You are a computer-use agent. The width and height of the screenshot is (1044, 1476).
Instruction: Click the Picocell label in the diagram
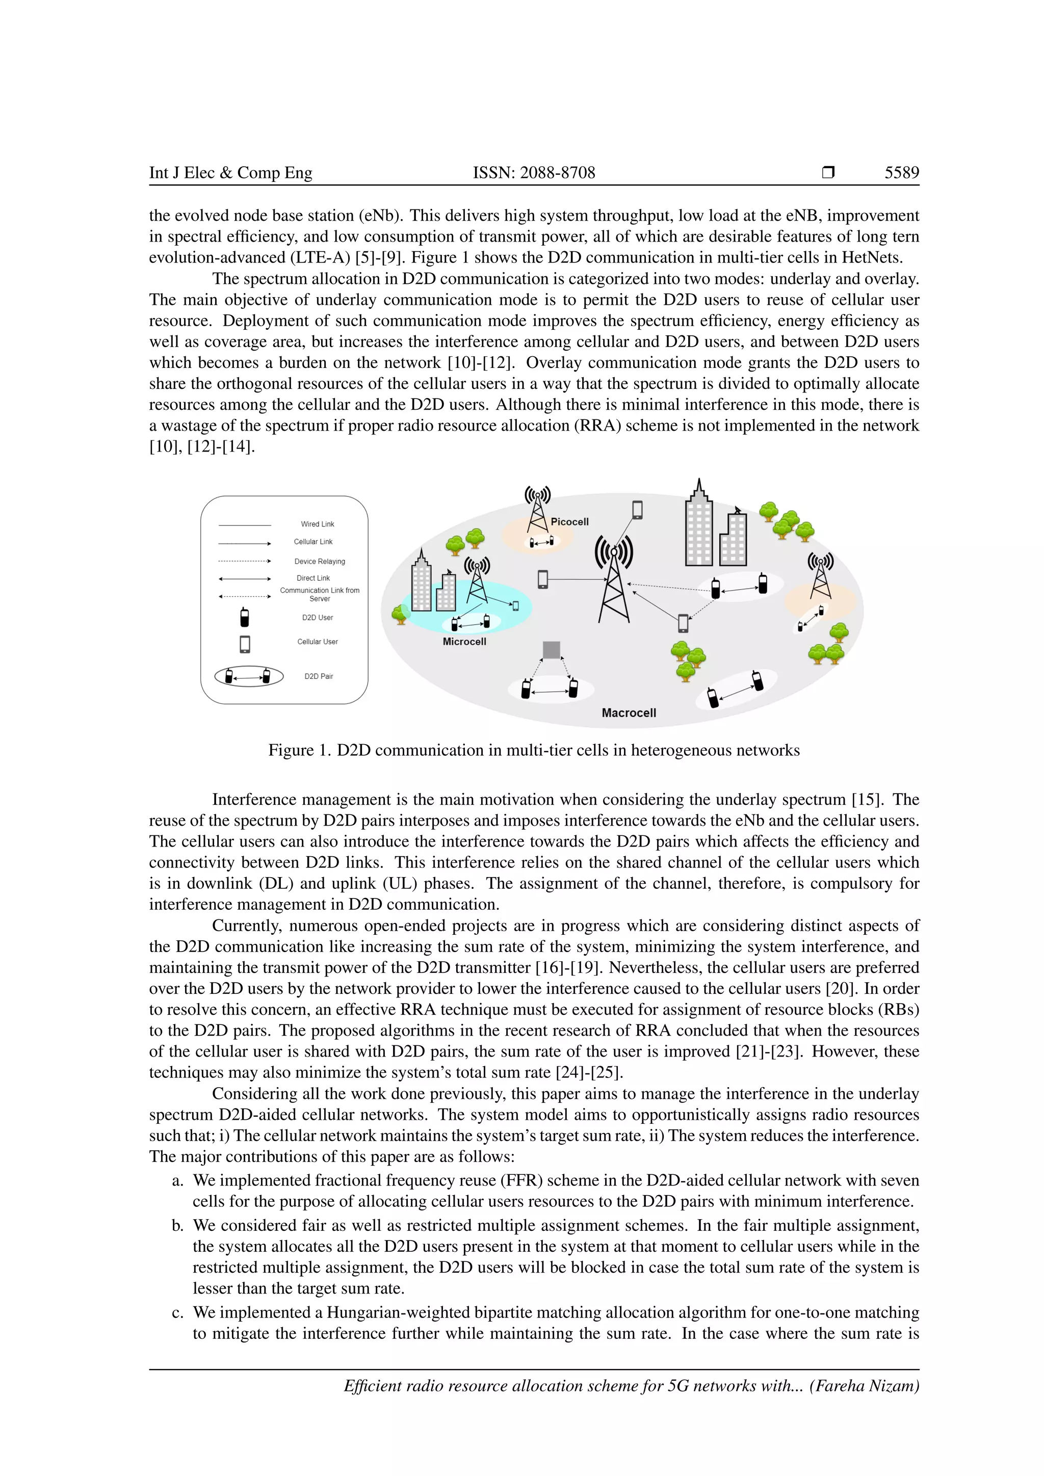tap(569, 522)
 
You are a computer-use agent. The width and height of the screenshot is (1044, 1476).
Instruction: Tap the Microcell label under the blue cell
tap(464, 642)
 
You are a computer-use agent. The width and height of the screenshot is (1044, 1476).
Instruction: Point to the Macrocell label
tap(628, 713)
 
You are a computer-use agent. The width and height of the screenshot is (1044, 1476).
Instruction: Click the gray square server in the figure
tap(551, 650)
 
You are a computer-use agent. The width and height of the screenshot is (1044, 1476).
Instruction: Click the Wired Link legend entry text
tap(317, 524)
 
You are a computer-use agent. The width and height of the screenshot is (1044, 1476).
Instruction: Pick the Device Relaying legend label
tap(320, 561)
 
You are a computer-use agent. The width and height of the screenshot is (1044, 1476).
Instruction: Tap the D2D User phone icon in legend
tap(244, 617)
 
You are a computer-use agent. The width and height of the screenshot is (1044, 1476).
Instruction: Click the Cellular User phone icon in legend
tap(244, 644)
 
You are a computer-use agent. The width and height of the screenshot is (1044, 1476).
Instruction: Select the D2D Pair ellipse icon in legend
tap(249, 676)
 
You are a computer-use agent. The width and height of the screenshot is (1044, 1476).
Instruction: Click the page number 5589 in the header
tap(901, 172)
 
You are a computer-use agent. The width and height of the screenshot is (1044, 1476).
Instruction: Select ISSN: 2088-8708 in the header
tap(534, 172)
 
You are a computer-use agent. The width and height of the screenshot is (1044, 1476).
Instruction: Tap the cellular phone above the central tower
tap(637, 510)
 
